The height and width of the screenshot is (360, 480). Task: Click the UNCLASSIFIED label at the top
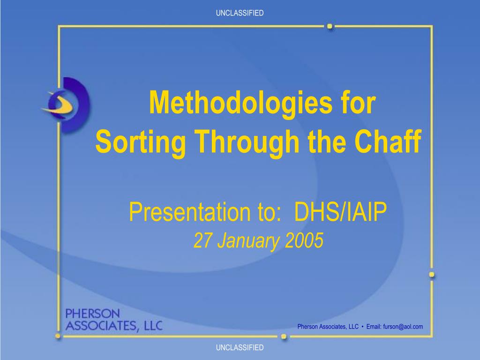(240, 13)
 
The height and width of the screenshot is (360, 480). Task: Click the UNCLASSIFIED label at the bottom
(240, 347)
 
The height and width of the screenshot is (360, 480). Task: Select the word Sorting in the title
(141, 142)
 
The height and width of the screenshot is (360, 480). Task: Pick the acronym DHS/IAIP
(340, 211)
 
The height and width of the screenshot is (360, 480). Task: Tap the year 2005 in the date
(304, 240)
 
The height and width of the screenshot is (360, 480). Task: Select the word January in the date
(248, 241)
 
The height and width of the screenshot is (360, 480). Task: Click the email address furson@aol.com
(403, 327)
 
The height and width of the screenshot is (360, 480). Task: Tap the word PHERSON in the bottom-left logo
(92, 314)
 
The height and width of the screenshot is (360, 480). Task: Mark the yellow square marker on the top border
(330, 26)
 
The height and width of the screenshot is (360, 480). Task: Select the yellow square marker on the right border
(432, 275)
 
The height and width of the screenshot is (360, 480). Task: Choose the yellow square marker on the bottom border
(284, 337)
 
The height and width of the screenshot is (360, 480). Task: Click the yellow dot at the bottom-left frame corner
(58, 336)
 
